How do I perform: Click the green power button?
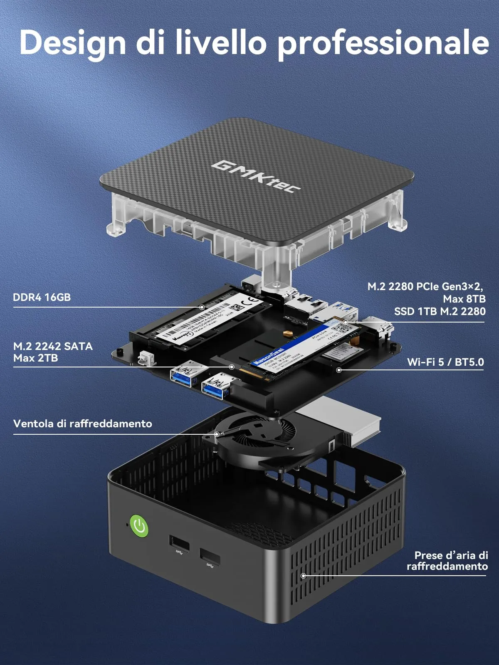pyautogui.click(x=139, y=527)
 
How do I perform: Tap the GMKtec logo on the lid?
pyautogui.click(x=256, y=177)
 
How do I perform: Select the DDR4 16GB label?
pyautogui.click(x=42, y=298)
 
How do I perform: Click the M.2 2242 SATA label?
pyautogui.click(x=53, y=346)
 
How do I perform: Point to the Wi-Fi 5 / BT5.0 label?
pyautogui.click(x=445, y=362)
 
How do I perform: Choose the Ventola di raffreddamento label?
pyautogui.click(x=83, y=424)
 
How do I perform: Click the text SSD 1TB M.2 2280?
pyautogui.click(x=440, y=311)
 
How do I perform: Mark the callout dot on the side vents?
pyautogui.click(x=303, y=576)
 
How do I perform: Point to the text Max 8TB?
pyautogui.click(x=464, y=299)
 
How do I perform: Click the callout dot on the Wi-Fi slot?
pyautogui.click(x=339, y=369)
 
